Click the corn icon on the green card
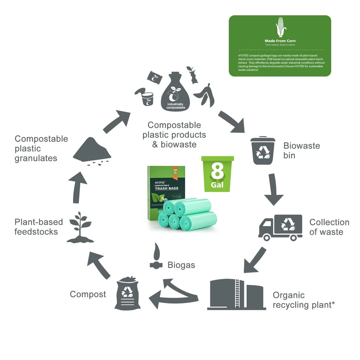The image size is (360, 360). pos(280,27)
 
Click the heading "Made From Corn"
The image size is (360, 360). pos(280,41)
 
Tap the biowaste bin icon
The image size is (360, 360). pos(263,151)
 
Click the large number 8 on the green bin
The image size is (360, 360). pos(217,172)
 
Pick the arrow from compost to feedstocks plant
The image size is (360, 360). pos(99,265)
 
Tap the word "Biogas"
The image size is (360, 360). pos(181,265)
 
